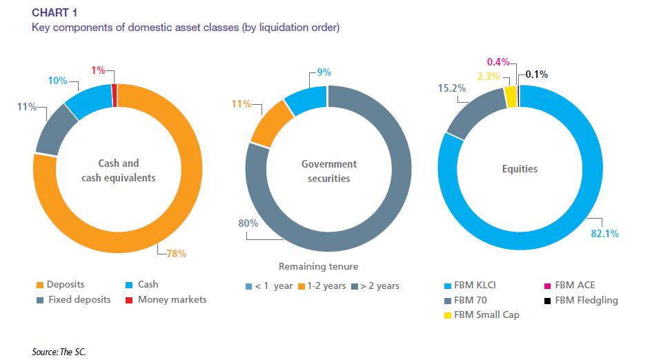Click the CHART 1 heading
(x=56, y=13)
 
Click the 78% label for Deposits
(x=177, y=253)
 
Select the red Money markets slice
(x=115, y=96)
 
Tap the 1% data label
(x=99, y=70)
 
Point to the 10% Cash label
(x=58, y=81)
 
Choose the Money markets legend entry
(x=172, y=299)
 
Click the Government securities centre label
(x=329, y=171)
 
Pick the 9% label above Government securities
(x=324, y=72)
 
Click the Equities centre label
(x=518, y=168)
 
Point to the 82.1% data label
(x=604, y=234)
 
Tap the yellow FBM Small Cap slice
(x=510, y=97)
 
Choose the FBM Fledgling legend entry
(x=581, y=300)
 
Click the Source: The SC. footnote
(x=59, y=352)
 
